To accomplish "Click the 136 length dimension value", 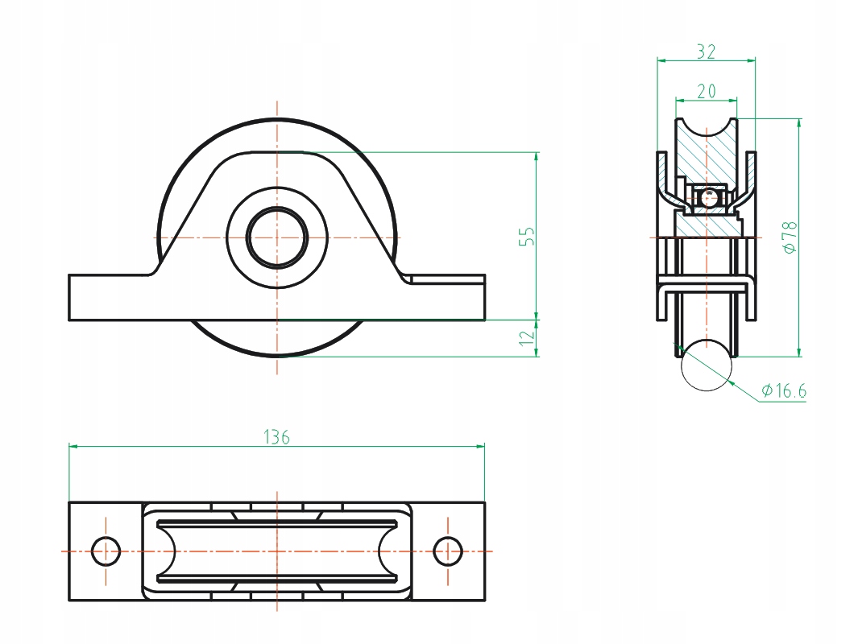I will coord(276,437).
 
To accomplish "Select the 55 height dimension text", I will coord(527,236).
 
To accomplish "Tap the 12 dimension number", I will coord(527,338).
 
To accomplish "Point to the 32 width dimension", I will coord(706,52).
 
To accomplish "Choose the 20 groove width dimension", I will coord(706,91).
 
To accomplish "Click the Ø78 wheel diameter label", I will coord(790,237).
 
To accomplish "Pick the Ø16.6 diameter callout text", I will coord(784,391).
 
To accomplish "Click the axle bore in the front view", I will coord(276,237).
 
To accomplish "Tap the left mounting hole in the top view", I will coord(106,551).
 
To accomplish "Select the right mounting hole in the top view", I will coord(447,551).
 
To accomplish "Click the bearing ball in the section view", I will coord(708,196).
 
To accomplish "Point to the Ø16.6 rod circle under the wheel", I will coord(706,365).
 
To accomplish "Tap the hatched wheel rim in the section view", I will coord(706,153).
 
